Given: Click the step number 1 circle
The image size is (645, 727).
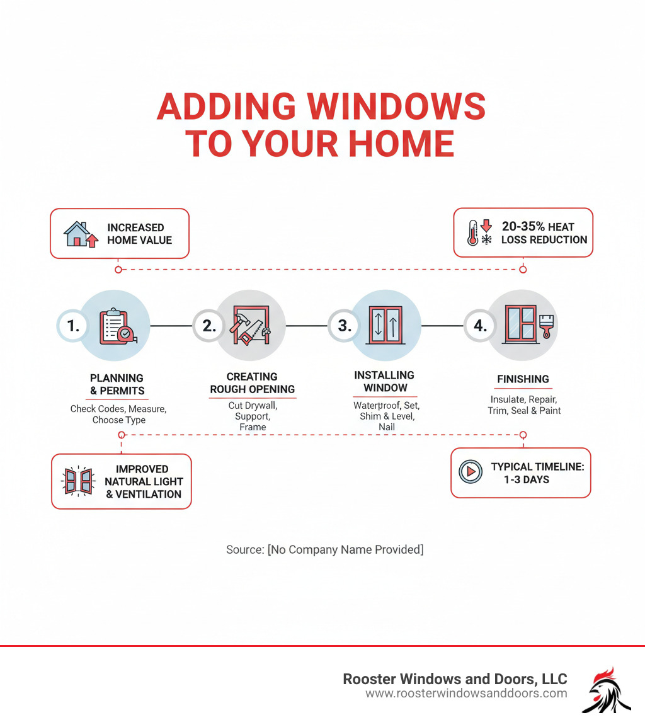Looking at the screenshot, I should click(x=73, y=326).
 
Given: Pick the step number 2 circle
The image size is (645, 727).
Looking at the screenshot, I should click(x=208, y=326).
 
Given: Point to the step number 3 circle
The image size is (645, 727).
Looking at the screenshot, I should click(x=344, y=326).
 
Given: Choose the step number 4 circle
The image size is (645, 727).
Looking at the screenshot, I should click(x=480, y=326).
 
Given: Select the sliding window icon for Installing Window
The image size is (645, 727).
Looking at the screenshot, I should click(x=385, y=326).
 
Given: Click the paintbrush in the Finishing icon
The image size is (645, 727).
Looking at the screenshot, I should click(x=546, y=326).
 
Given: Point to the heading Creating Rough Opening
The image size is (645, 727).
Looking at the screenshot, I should click(x=252, y=383).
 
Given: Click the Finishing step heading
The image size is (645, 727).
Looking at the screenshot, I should click(x=523, y=379).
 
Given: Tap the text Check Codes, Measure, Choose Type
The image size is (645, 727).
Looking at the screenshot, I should click(x=118, y=415).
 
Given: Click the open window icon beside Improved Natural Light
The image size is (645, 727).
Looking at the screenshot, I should click(x=79, y=481).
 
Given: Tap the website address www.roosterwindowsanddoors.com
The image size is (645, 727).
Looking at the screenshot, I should click(x=466, y=694).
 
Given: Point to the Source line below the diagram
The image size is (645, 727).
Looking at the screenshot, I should click(x=324, y=550).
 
